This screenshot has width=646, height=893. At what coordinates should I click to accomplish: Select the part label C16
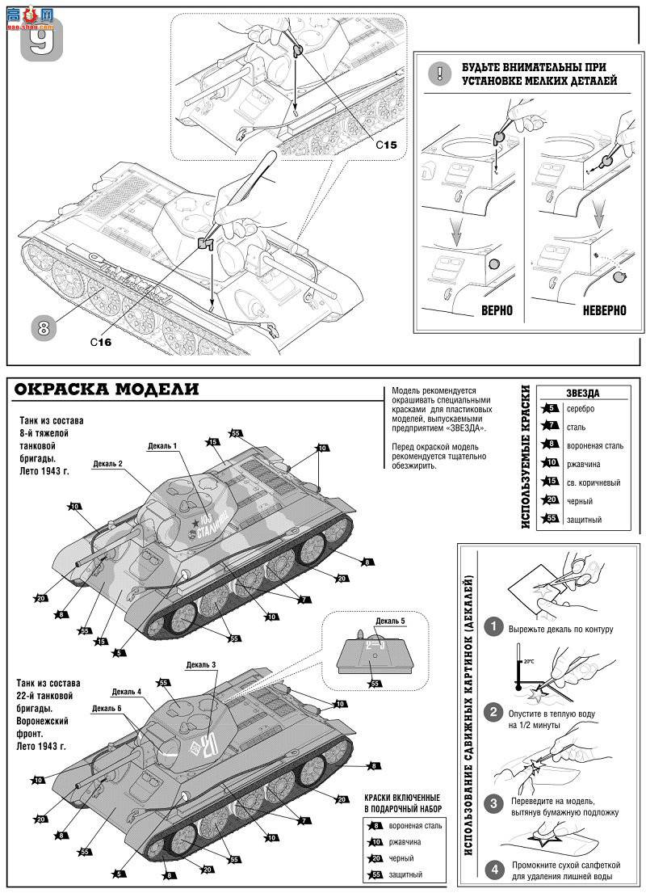coord(101,343)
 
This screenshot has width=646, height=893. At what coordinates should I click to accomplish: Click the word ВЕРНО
coord(497,310)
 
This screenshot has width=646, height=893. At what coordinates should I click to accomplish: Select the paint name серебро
coord(581,409)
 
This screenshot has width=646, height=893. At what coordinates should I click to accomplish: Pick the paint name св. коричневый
coord(594,482)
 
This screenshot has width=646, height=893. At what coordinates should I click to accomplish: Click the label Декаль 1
coord(162,446)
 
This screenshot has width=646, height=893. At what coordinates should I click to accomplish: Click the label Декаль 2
coord(107,463)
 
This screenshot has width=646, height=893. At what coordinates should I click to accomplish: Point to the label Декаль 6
coord(107,708)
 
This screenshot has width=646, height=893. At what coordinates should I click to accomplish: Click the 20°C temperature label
coord(529,661)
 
